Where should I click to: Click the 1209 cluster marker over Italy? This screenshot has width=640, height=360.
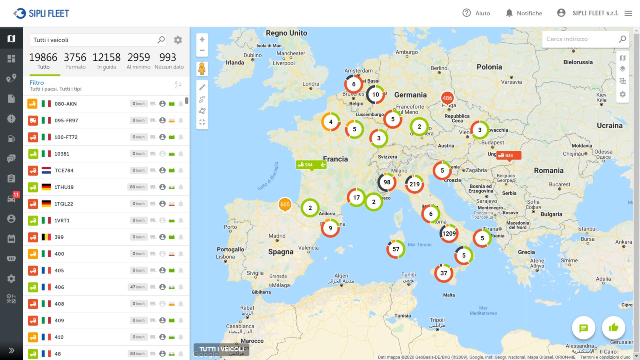[x=449, y=234]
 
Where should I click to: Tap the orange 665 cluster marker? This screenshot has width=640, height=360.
[x=285, y=204]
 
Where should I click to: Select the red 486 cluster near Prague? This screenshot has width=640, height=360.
[x=447, y=98]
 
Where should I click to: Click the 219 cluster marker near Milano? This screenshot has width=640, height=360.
[x=414, y=184]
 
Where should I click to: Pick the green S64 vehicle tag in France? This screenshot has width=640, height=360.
[x=311, y=165]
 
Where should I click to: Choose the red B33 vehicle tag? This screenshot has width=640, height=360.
[x=509, y=156]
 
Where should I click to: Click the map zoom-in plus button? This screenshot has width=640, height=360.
[x=202, y=39]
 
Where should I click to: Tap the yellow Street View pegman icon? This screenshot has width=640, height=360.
[x=202, y=69]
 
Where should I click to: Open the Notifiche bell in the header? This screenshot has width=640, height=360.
[x=524, y=13]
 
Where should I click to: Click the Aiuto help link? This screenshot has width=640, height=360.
[x=476, y=13]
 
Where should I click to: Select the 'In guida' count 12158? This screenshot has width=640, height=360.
[x=106, y=61]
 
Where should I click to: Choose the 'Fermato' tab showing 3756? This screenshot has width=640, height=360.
[x=75, y=61]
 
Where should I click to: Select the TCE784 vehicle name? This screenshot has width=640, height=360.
[x=64, y=170]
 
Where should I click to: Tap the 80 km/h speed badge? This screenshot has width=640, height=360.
[x=137, y=187]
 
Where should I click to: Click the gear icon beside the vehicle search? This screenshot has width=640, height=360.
[x=178, y=40]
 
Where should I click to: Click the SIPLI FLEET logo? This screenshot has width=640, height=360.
[x=41, y=13]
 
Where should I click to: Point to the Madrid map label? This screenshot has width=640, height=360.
[x=277, y=236]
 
